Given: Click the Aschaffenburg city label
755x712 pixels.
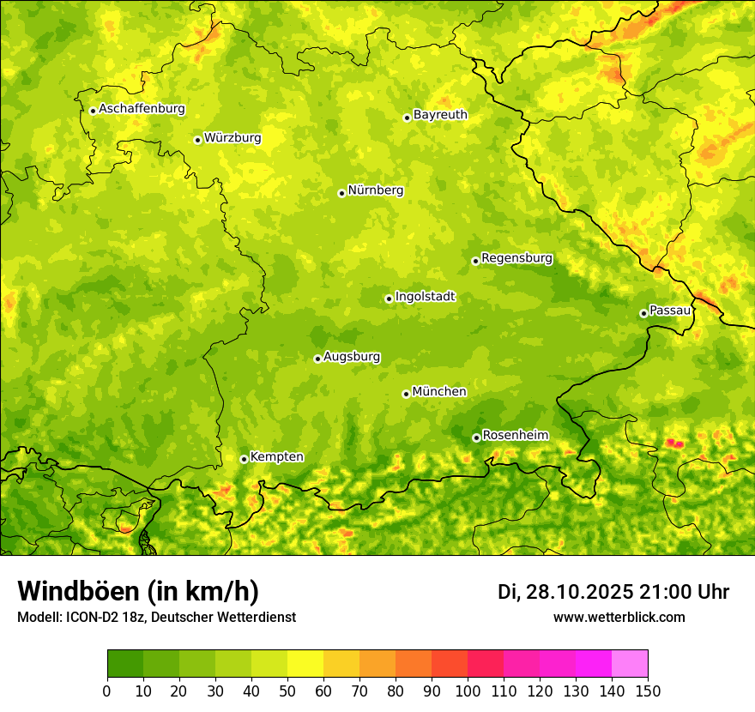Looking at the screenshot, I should click(142, 109).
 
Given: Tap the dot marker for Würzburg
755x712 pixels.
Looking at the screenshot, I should click(197, 140).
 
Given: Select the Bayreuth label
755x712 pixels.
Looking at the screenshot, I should click(440, 114).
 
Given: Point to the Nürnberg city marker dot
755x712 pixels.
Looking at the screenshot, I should click(341, 193).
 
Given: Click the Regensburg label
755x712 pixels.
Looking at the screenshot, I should click(516, 257).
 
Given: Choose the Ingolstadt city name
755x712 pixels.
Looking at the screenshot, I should click(425, 296).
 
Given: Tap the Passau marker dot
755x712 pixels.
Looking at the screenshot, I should click(643, 313).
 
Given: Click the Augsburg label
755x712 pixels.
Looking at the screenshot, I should click(352, 356).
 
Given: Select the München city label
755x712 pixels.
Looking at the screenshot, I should click(439, 391).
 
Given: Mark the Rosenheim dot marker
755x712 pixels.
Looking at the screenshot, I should click(476, 437).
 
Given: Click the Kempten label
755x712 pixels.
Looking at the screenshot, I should click(276, 456).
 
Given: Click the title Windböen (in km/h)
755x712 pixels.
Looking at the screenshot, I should click(137, 591).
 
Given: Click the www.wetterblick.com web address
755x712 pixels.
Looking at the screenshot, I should click(619, 617).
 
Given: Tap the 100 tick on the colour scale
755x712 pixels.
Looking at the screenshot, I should click(468, 691).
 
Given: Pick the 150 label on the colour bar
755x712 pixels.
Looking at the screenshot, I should click(648, 691).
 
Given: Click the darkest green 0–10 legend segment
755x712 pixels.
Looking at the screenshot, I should click(125, 664).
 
